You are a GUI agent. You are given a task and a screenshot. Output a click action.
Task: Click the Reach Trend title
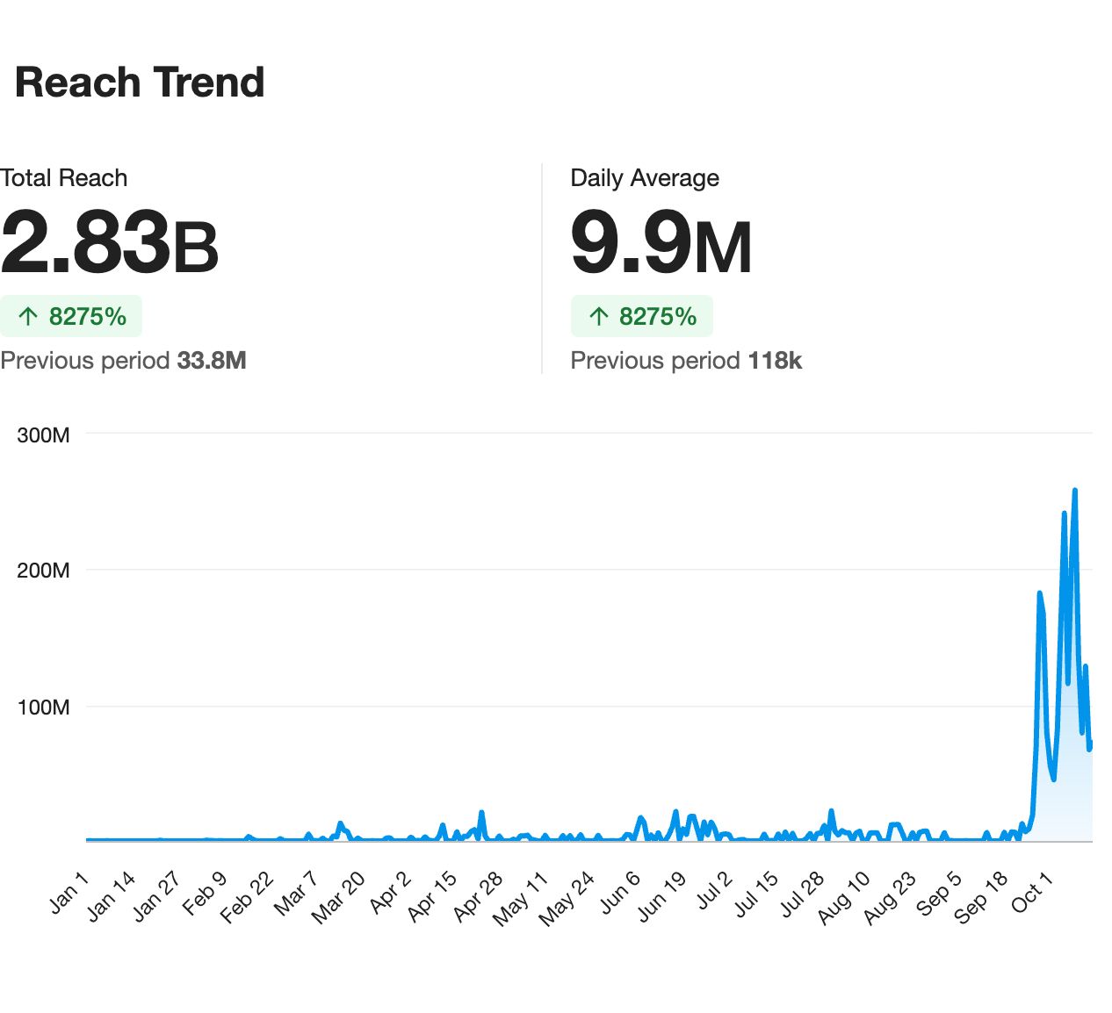[x=140, y=83]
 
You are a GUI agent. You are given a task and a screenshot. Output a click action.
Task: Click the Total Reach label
[x=64, y=178]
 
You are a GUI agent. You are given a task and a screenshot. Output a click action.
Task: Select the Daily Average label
[x=645, y=178]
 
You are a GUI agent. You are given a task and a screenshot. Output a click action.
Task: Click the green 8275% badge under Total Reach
[x=71, y=316]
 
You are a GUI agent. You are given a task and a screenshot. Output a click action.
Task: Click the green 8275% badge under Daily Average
[x=642, y=316]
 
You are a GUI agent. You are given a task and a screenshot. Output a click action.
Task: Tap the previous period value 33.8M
[x=212, y=361]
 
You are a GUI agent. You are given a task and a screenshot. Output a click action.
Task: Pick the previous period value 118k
[x=775, y=361]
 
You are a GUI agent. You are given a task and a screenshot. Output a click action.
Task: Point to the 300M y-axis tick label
[x=43, y=435]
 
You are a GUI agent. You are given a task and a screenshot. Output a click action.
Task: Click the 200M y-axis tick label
[x=43, y=571]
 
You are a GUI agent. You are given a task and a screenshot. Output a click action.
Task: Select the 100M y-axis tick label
[x=43, y=707]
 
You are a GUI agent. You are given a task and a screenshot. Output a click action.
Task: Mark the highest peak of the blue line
[x=1075, y=490]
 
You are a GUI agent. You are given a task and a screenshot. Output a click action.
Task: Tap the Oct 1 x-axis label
[x=1032, y=893]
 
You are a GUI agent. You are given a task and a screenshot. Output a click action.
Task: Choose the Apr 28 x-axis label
[x=478, y=897]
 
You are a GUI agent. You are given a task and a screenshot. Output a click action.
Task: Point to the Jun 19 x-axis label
[x=661, y=897]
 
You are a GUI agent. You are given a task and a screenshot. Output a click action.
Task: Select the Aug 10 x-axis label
[x=844, y=897]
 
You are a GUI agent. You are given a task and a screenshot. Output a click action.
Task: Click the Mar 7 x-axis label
[x=296, y=894]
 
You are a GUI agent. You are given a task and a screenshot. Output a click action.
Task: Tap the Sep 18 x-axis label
[x=981, y=897]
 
